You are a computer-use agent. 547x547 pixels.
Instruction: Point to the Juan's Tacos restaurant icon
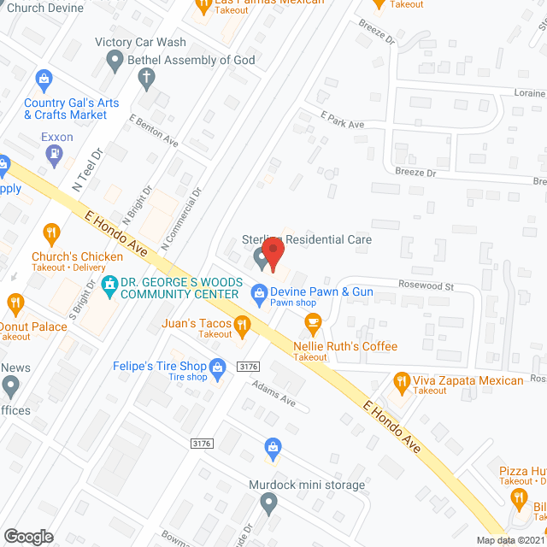tap(242, 324)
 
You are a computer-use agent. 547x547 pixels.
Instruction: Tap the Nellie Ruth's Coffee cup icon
tap(313, 322)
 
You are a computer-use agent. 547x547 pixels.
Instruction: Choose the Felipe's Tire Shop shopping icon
tap(217, 366)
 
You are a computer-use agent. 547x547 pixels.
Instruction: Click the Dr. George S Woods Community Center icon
tap(109, 283)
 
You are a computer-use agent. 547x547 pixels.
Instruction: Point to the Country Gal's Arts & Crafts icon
tap(42, 79)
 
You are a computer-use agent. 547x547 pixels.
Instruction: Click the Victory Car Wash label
tap(140, 42)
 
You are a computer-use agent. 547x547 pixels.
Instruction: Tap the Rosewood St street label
tap(423, 286)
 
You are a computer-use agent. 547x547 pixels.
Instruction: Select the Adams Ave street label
tap(273, 392)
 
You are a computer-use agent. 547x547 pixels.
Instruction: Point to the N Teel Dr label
tap(86, 169)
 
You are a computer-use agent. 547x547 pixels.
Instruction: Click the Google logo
tap(28, 536)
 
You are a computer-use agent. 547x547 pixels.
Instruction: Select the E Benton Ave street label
tap(154, 130)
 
